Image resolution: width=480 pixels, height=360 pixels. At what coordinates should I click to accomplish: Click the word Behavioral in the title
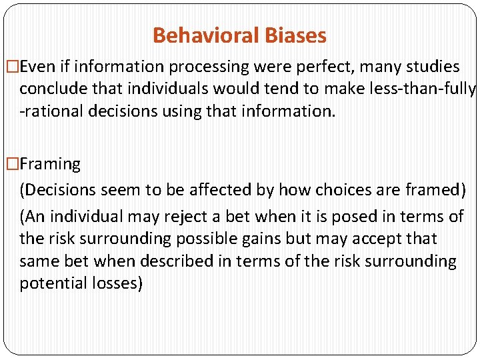(201, 35)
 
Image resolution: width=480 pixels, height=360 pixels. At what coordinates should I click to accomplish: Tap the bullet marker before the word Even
(11, 67)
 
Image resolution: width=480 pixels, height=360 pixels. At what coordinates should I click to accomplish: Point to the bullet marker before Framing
(11, 164)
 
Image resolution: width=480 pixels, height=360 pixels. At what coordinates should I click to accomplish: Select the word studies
(432, 67)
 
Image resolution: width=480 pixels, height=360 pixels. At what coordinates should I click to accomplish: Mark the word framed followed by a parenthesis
(434, 189)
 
